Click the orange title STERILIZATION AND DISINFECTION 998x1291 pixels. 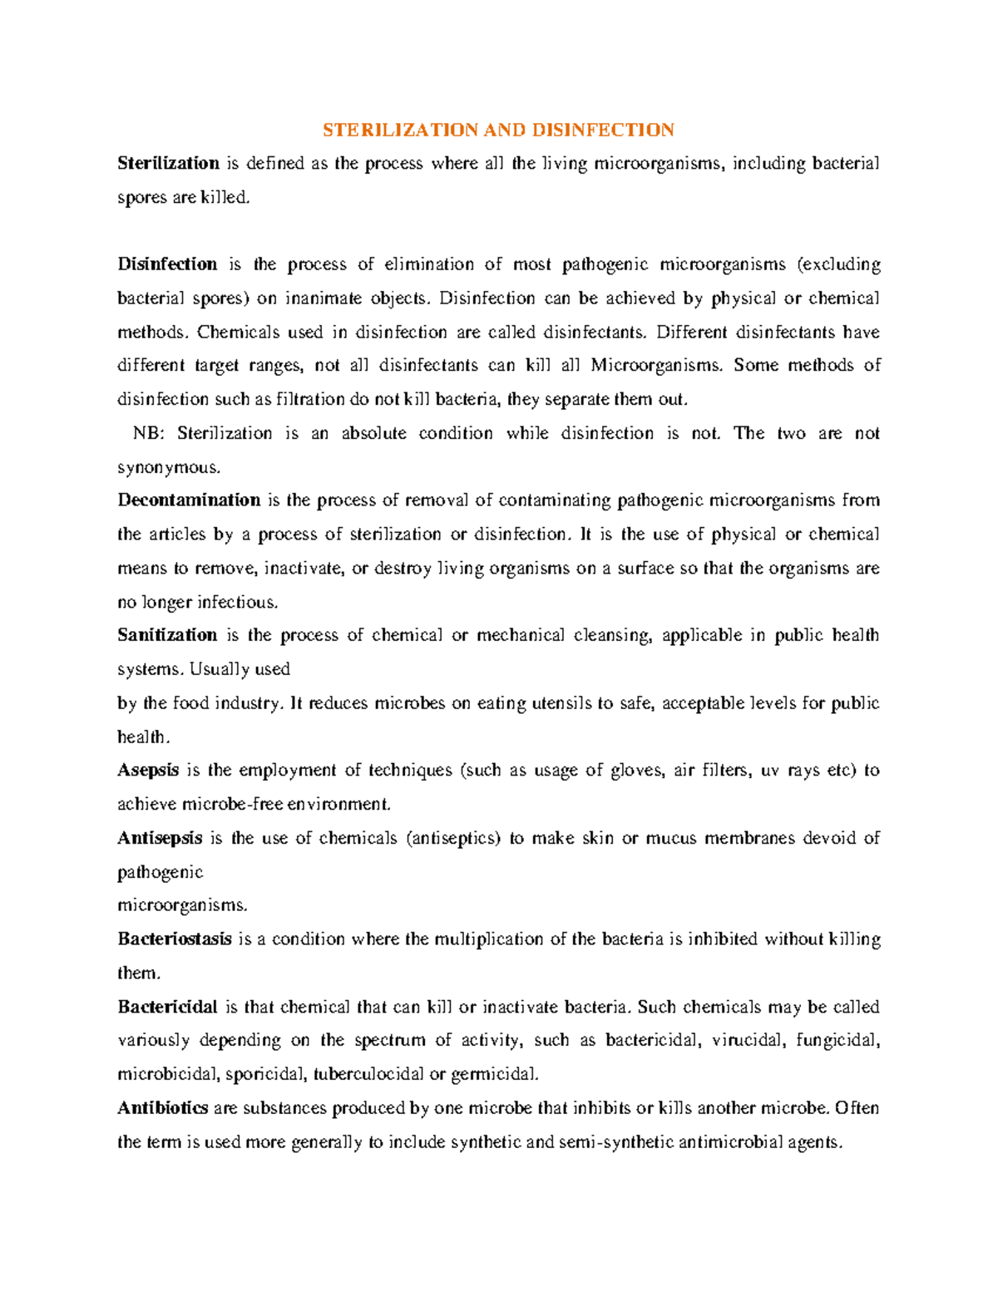tap(498, 131)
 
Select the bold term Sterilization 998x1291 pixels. tap(168, 164)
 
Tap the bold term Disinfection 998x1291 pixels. tap(167, 264)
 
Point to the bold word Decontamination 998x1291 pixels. tap(189, 500)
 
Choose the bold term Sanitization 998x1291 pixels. tap(167, 635)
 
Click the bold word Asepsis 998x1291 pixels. tap(148, 771)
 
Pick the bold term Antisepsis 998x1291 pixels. tap(160, 838)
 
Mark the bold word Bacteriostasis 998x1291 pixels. tap(175, 939)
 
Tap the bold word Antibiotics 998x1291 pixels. tap(163, 1108)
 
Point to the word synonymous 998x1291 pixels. tap(169, 468)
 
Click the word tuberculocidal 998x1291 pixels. tap(368, 1074)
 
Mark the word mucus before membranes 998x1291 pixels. tap(671, 838)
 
